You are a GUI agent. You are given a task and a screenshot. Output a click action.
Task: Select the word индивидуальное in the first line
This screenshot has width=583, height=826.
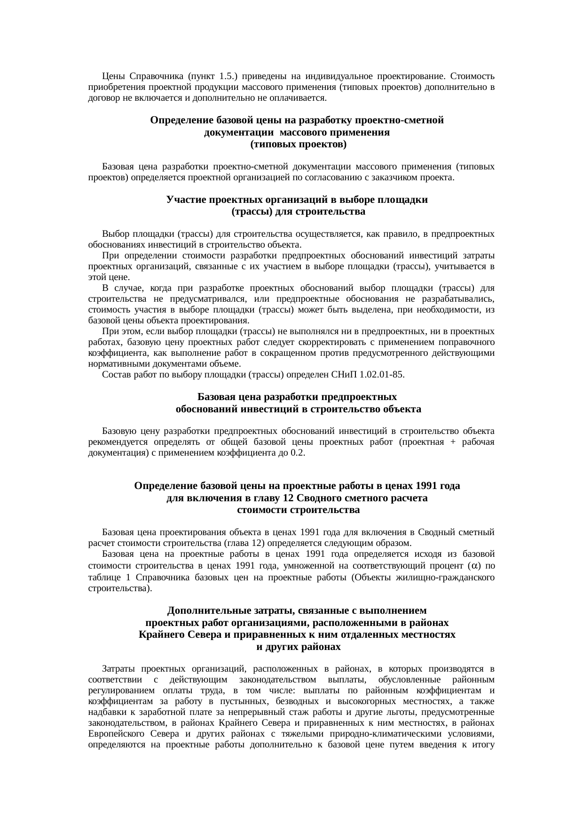(x=339, y=76)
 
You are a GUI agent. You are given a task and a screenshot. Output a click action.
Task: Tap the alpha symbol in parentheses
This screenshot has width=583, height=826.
(x=476, y=565)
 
